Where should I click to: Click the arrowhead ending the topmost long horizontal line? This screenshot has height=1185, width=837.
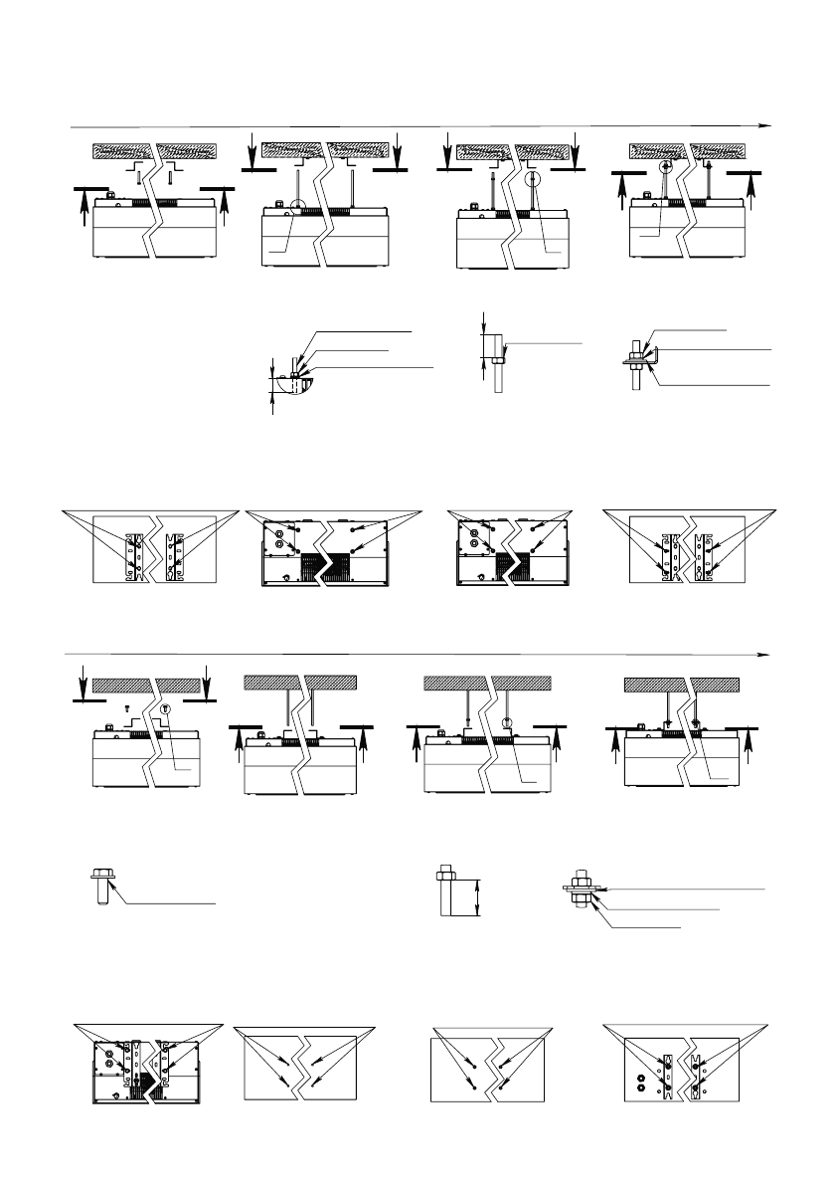pyautogui.click(x=766, y=126)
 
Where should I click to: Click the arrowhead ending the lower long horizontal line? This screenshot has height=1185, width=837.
pyautogui.click(x=766, y=654)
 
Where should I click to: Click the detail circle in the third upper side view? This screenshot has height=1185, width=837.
pyautogui.click(x=534, y=181)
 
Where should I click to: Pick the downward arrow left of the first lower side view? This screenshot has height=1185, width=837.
pyautogui.click(x=84, y=684)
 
